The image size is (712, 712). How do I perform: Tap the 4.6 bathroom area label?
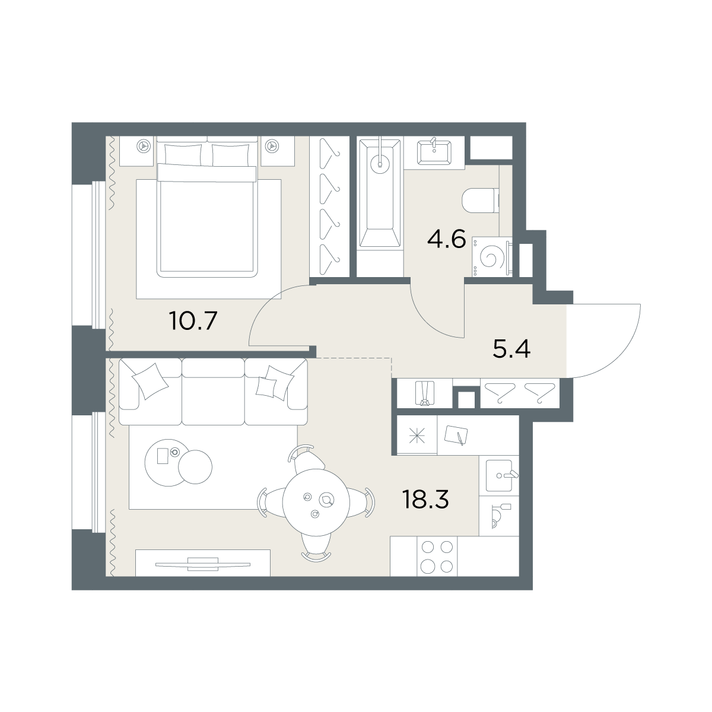click(446, 241)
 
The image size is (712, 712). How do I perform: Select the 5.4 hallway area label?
click(511, 348)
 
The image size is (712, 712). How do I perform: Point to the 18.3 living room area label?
click(425, 500)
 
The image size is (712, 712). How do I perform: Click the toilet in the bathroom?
click(479, 200)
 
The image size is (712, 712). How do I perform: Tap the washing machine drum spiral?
click(490, 257)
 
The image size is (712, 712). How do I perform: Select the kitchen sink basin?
click(497, 475)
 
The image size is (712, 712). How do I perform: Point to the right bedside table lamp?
click(271, 145)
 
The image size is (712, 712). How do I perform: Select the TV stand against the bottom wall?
click(203, 562)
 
